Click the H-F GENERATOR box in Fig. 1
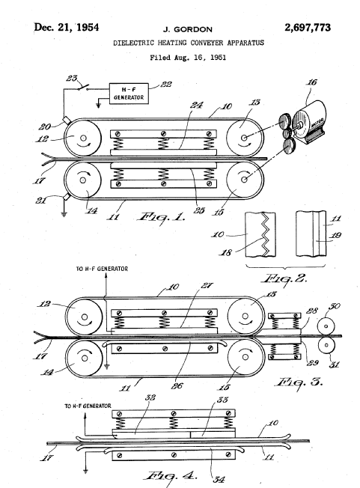(129, 94)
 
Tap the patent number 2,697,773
(308, 28)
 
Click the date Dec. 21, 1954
(67, 28)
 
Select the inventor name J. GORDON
(188, 30)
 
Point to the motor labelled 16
(311, 122)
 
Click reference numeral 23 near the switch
(72, 78)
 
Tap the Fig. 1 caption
(161, 217)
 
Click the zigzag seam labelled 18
(264, 234)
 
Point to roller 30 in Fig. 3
(326, 326)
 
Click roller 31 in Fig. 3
(326, 345)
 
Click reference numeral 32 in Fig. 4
(150, 397)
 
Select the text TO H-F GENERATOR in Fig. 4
(88, 406)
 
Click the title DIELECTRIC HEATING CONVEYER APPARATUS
(189, 43)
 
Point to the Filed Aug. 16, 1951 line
(188, 58)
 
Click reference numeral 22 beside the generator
(166, 85)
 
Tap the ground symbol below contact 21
(64, 214)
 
